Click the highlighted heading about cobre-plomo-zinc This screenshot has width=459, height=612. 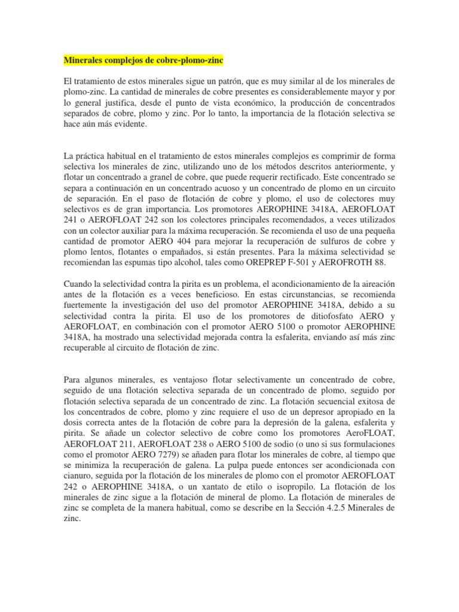143,61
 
